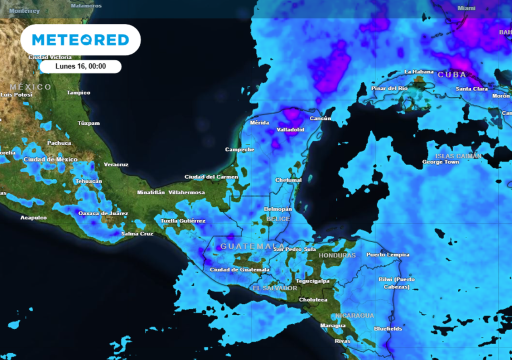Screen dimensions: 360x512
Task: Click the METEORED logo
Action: tap(80, 40)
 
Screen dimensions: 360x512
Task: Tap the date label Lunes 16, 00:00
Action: tap(80, 66)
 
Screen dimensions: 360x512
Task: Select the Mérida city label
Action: tap(259, 122)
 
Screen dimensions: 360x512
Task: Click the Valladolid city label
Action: tap(290, 129)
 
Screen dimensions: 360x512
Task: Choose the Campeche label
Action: tap(239, 149)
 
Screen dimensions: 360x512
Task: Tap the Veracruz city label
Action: tap(116, 164)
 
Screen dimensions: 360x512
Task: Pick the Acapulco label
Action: tap(33, 217)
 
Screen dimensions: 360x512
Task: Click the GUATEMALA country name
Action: tap(245, 246)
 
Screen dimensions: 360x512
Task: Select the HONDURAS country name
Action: tap(337, 255)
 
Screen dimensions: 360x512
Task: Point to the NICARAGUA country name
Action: tap(354, 315)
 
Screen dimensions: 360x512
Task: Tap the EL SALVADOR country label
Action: tap(274, 288)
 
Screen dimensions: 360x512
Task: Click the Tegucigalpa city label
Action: tap(312, 281)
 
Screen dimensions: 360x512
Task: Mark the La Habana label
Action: tap(419, 72)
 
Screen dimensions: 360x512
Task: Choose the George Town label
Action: tap(440, 162)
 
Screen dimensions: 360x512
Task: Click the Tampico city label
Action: tap(78, 92)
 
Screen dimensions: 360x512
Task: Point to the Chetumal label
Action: tap(288, 180)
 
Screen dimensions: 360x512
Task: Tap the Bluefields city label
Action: tap(388, 328)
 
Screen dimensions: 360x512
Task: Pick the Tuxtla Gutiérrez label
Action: tap(183, 220)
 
